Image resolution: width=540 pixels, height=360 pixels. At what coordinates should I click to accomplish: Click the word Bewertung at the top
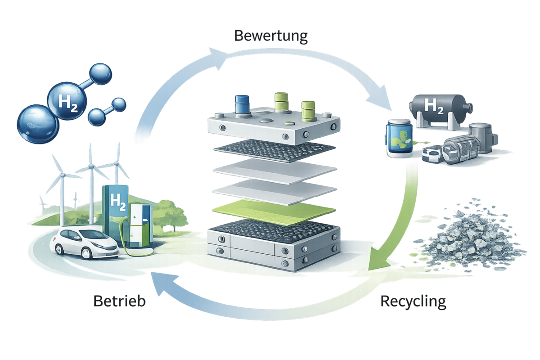click(x=271, y=36)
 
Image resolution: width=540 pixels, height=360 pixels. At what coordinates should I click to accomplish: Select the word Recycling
click(x=413, y=301)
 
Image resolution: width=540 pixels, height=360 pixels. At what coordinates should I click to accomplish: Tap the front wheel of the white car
click(x=100, y=252)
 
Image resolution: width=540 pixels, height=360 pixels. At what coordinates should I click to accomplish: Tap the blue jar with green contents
click(x=398, y=138)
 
